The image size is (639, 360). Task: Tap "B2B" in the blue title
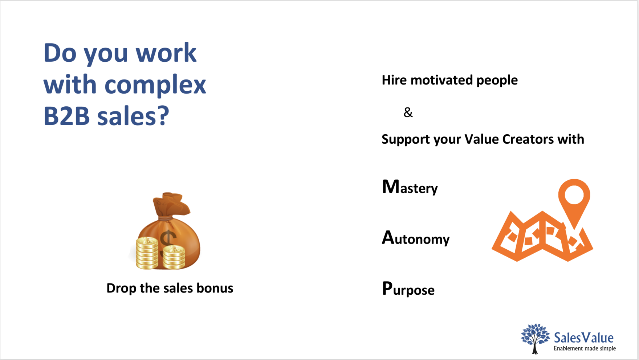tap(66, 116)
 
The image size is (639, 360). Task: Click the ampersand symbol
tap(408, 112)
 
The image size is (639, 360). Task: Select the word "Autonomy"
tap(416, 238)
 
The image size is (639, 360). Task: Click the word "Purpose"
tap(408, 289)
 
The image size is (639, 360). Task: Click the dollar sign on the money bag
tap(168, 242)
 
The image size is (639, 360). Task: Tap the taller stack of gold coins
tap(147, 253)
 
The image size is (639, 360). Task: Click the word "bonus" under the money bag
tap(215, 288)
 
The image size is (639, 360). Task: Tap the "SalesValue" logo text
tap(583, 338)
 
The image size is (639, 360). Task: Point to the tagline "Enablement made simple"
tap(585, 348)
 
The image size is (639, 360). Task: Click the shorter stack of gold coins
tap(174, 257)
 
